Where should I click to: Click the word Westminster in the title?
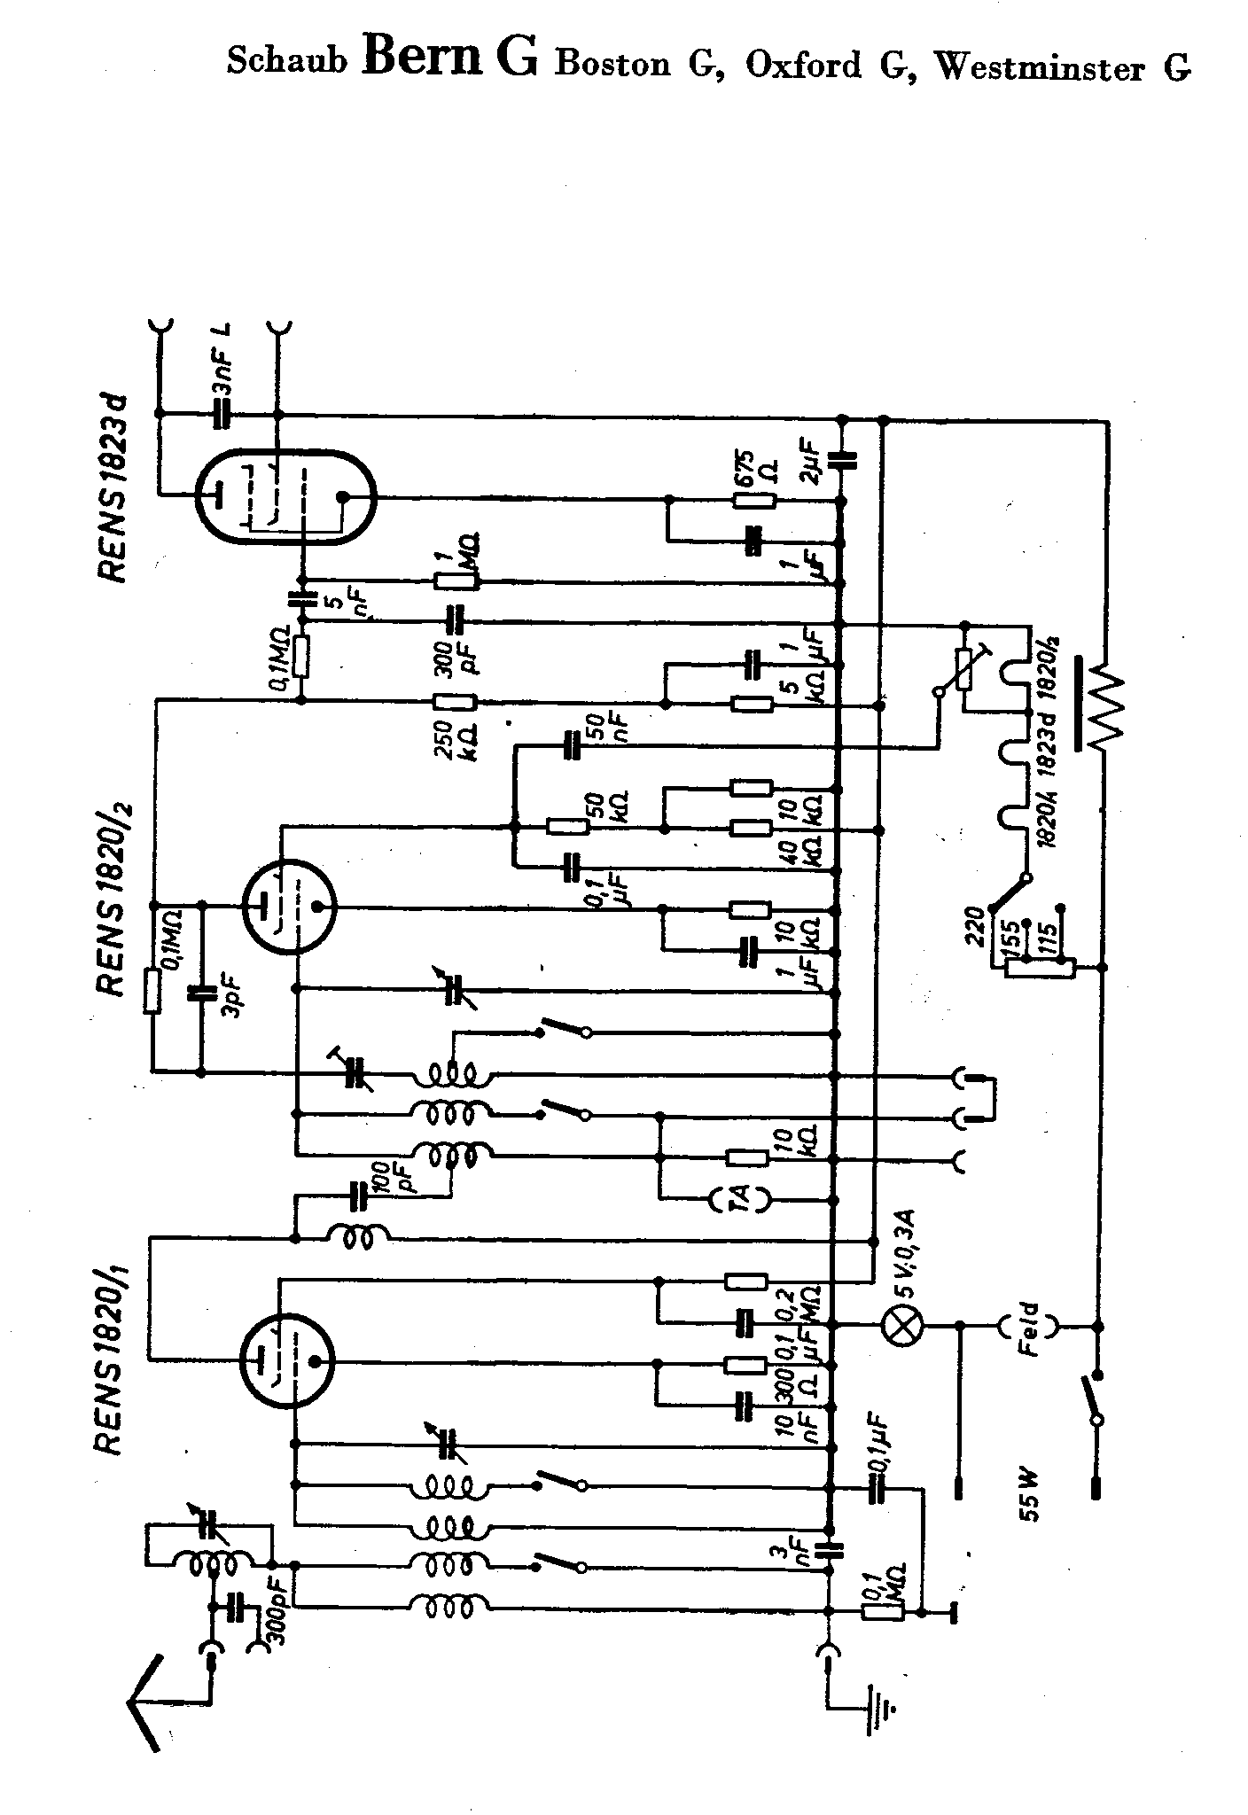click(1039, 66)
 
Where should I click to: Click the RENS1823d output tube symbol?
click(285, 501)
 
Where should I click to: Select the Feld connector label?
click(1028, 1327)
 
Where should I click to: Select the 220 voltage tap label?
click(978, 925)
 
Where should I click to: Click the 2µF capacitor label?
click(815, 463)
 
